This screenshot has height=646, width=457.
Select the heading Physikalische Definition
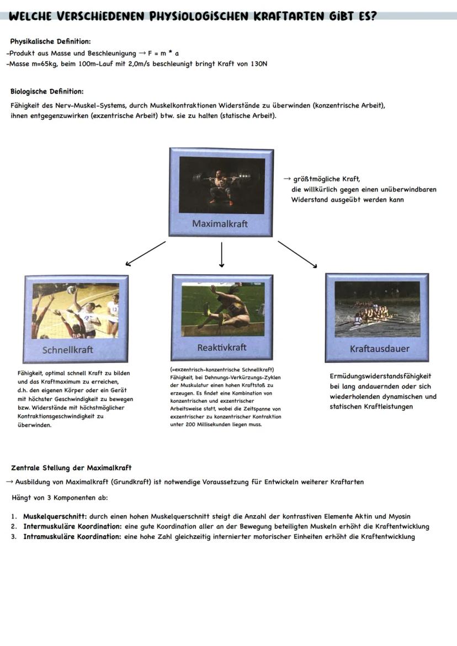click(x=50, y=41)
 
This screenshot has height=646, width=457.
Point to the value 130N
click(x=257, y=64)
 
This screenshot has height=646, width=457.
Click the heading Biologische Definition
click(x=47, y=92)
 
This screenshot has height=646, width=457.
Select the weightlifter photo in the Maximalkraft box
click(x=221, y=184)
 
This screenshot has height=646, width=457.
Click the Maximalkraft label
click(x=220, y=224)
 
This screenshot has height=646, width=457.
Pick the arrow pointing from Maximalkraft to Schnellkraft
click(x=146, y=253)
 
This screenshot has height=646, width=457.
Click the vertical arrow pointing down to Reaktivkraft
click(x=221, y=254)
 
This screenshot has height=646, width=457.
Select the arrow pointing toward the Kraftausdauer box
click(x=297, y=254)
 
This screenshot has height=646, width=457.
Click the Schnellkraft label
click(x=68, y=350)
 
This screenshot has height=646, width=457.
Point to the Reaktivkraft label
click(x=222, y=348)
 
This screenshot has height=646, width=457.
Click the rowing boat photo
click(x=377, y=309)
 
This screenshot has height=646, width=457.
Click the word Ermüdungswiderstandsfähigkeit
click(x=380, y=376)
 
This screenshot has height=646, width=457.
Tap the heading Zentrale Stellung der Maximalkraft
click(x=71, y=468)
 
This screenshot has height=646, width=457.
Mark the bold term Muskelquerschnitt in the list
click(x=55, y=516)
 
